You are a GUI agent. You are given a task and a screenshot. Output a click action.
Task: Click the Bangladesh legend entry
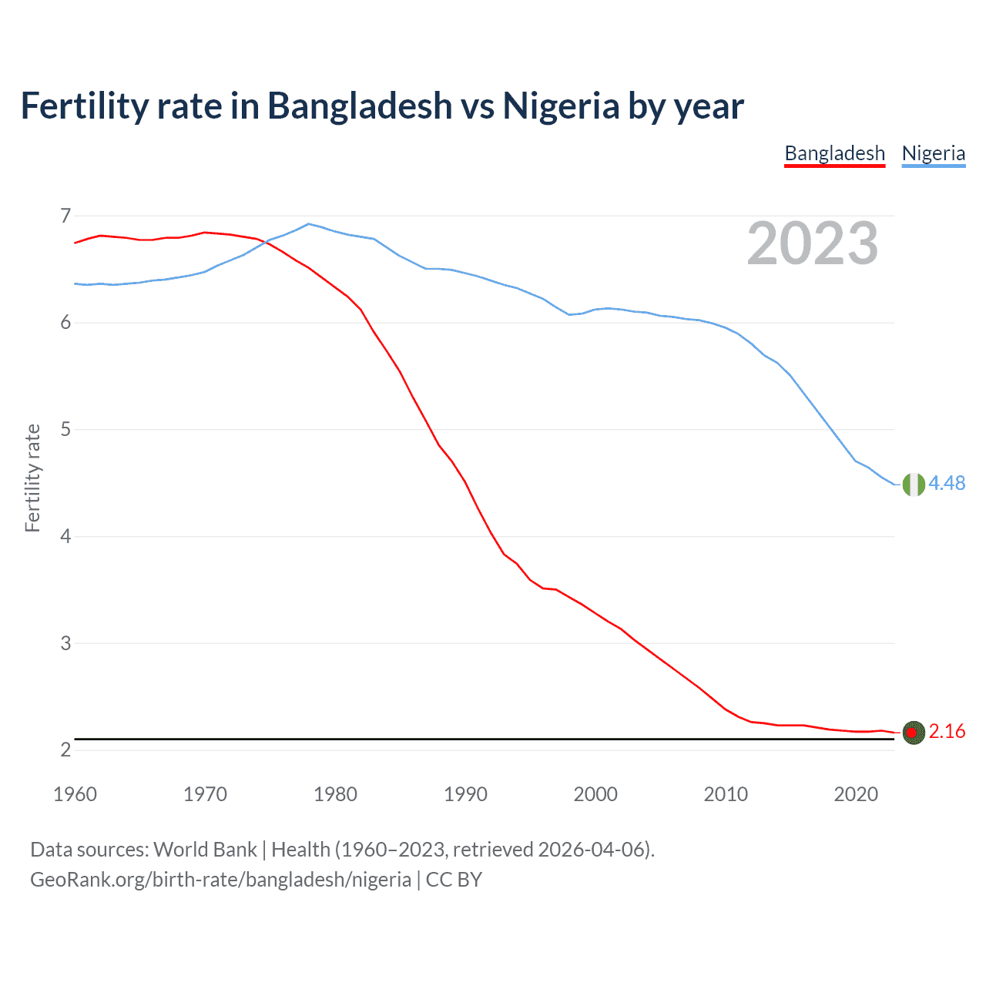(x=834, y=153)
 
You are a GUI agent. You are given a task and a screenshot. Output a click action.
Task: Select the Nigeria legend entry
(x=934, y=153)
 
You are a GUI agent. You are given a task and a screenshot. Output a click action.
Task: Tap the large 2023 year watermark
(x=812, y=243)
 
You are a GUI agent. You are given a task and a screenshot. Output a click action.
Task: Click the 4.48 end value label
(x=947, y=483)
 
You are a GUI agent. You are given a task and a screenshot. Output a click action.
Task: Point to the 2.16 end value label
(x=947, y=731)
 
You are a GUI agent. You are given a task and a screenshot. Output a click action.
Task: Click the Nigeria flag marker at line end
(x=914, y=485)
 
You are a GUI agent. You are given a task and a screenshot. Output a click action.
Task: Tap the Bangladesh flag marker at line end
(x=914, y=733)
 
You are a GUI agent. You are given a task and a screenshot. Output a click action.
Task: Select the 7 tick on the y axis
(x=65, y=216)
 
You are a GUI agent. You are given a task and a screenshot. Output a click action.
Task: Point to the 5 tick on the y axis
(x=65, y=429)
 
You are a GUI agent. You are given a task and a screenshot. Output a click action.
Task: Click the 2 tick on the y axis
(x=65, y=750)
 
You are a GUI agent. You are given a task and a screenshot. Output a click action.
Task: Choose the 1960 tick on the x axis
(x=75, y=794)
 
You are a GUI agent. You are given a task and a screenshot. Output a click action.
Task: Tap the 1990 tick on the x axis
(x=465, y=794)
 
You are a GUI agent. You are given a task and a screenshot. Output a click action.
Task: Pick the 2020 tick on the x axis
(x=856, y=794)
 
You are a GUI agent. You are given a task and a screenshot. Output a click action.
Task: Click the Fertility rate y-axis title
(x=32, y=478)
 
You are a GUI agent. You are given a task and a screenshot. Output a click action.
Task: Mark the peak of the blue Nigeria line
(x=309, y=224)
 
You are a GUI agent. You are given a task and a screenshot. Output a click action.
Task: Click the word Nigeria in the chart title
(x=561, y=106)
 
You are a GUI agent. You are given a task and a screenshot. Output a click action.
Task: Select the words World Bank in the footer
(x=205, y=850)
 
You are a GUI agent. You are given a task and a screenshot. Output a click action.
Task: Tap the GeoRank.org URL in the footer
(x=220, y=880)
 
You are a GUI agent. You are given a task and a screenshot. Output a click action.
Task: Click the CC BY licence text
(x=454, y=880)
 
